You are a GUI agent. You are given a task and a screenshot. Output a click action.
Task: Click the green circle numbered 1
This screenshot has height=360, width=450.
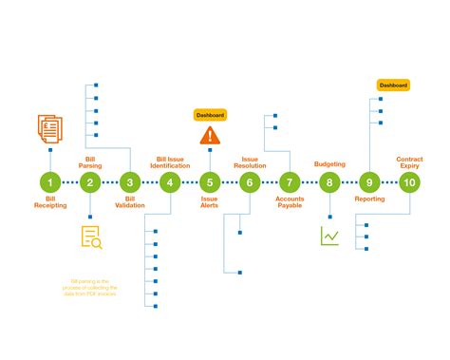pos(50,182)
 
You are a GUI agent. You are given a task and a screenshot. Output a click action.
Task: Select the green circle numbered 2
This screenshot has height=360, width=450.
pos(90,182)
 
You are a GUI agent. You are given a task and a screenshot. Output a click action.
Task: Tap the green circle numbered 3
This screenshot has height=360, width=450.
pos(130,182)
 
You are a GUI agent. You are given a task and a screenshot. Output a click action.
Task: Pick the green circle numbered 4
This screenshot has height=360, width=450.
pos(170,182)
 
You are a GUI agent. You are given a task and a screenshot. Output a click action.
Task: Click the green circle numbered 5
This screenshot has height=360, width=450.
pos(210,182)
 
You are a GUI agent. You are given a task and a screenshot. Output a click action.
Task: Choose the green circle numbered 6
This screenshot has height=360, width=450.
pos(250,182)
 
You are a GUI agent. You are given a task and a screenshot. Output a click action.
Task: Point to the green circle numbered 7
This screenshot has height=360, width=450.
pos(290,182)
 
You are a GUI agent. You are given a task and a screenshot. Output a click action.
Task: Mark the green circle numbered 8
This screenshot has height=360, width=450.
pos(329,182)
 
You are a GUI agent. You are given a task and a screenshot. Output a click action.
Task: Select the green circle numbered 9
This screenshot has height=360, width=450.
pos(369,182)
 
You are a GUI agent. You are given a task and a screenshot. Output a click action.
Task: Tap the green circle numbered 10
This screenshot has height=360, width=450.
pos(409,182)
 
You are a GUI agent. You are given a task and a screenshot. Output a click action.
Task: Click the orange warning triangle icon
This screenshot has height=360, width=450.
pos(210,136)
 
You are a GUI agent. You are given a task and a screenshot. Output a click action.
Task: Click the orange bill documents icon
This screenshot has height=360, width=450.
pos(50,128)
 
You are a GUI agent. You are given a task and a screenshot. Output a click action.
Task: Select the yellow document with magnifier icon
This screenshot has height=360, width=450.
pos(91,238)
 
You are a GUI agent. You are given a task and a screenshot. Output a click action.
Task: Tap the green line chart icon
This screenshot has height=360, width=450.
pos(329,235)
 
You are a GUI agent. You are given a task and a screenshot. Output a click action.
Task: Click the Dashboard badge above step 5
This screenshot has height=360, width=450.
pos(210,114)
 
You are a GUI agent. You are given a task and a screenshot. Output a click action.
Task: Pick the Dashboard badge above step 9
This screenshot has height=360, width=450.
pos(393,85)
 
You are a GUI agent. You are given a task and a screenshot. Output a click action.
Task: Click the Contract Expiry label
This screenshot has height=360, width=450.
pos(410,161)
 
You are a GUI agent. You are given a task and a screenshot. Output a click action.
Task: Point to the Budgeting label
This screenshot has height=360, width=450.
pos(329,164)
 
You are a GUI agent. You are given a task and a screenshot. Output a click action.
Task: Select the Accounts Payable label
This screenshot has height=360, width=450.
pos(290,202)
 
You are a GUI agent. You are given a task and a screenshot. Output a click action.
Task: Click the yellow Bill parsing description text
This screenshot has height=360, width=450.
pos(91,286)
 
